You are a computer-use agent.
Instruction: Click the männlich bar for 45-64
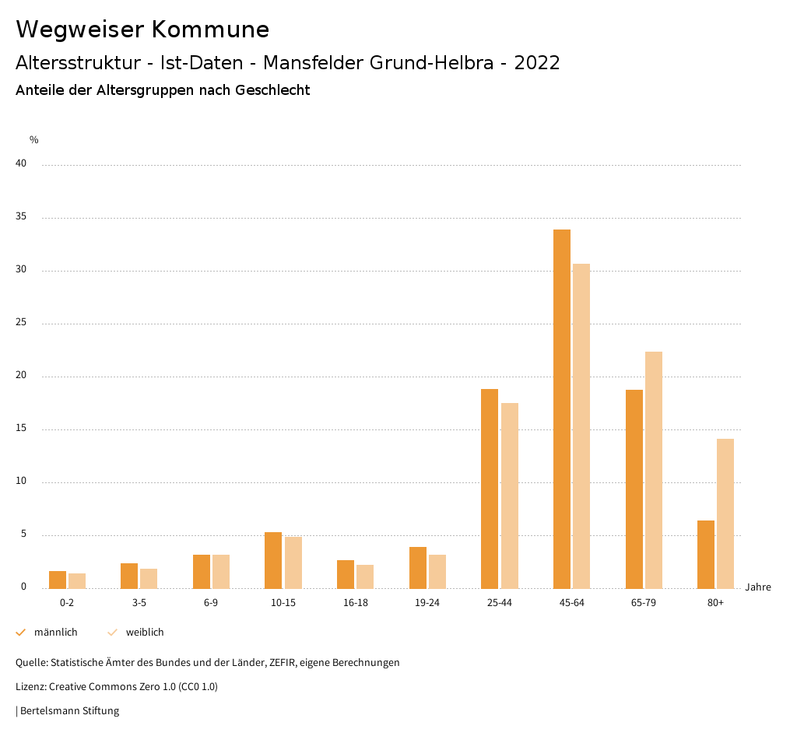click(x=562, y=408)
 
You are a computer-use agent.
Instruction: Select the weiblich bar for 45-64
click(x=581, y=426)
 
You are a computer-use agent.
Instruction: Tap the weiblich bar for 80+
click(x=725, y=513)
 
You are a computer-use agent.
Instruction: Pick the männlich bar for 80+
click(x=706, y=554)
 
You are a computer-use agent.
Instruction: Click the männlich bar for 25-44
click(x=490, y=489)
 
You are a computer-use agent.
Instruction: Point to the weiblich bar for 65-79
click(x=654, y=470)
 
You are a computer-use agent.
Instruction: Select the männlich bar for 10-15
click(x=273, y=560)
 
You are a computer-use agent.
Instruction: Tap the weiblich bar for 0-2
click(x=77, y=580)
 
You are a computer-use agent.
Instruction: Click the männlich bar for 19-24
click(x=418, y=567)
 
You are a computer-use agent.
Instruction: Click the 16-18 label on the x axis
click(x=355, y=603)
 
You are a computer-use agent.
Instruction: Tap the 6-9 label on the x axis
click(x=211, y=603)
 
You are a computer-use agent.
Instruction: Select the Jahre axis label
click(x=757, y=587)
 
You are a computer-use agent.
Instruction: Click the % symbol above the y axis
click(x=33, y=140)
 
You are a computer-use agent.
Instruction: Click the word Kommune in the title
click(x=210, y=30)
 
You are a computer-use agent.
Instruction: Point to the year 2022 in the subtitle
click(x=536, y=63)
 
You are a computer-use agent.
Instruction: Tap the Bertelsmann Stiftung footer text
click(x=69, y=711)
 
